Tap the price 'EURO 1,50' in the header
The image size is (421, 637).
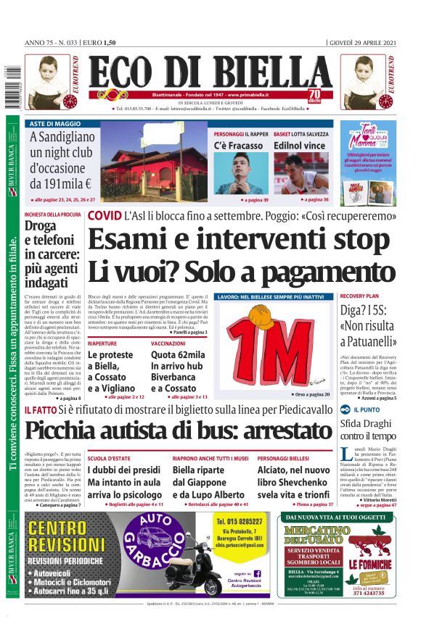point(102,42)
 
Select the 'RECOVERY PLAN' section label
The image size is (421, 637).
point(359,296)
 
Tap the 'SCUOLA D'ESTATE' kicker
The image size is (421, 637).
point(108,459)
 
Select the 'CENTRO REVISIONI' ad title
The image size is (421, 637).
point(68,533)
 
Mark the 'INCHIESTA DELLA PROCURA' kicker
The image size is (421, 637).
point(52,215)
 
